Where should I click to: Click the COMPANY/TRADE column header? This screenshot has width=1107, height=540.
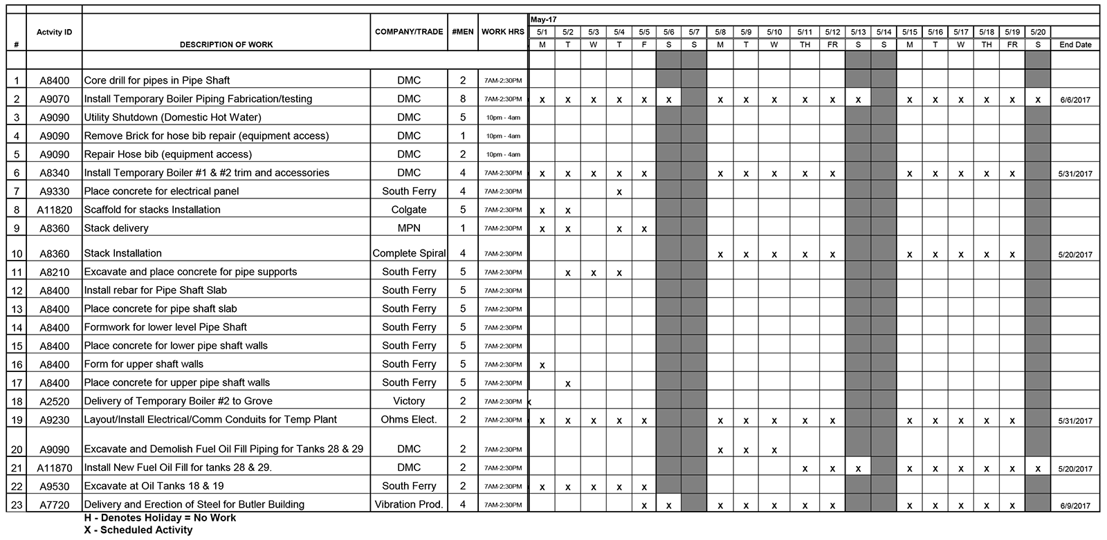pos(409,32)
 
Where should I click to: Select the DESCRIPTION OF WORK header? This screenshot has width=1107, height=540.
pos(226,45)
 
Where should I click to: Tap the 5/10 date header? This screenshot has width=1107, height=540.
pos(774,32)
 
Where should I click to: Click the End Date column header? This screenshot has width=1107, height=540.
pos(1075,45)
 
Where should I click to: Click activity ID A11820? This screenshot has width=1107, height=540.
pos(55,210)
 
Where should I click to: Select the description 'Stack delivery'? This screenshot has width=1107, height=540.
pos(116,228)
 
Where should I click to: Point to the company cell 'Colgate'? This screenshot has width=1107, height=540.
pos(409,210)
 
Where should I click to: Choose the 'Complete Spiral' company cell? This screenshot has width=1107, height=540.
pos(409,254)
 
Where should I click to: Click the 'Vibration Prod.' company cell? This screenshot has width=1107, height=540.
pos(409,505)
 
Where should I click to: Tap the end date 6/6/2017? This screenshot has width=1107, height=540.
pos(1075,100)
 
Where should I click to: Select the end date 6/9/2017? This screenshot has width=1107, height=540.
pos(1075,506)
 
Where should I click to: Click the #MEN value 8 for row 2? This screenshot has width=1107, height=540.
pos(463,99)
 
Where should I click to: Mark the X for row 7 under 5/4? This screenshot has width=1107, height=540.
pos(619,192)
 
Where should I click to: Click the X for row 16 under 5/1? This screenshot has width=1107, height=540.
pos(542,365)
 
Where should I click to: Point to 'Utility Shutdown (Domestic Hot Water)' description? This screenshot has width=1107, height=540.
pos(172,118)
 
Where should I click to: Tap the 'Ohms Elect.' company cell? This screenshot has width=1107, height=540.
pos(409,420)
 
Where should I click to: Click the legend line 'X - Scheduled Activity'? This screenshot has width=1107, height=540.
pos(138,530)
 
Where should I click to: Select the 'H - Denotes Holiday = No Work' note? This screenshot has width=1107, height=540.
pos(160,518)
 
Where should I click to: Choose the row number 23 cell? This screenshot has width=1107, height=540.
pos(17,505)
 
